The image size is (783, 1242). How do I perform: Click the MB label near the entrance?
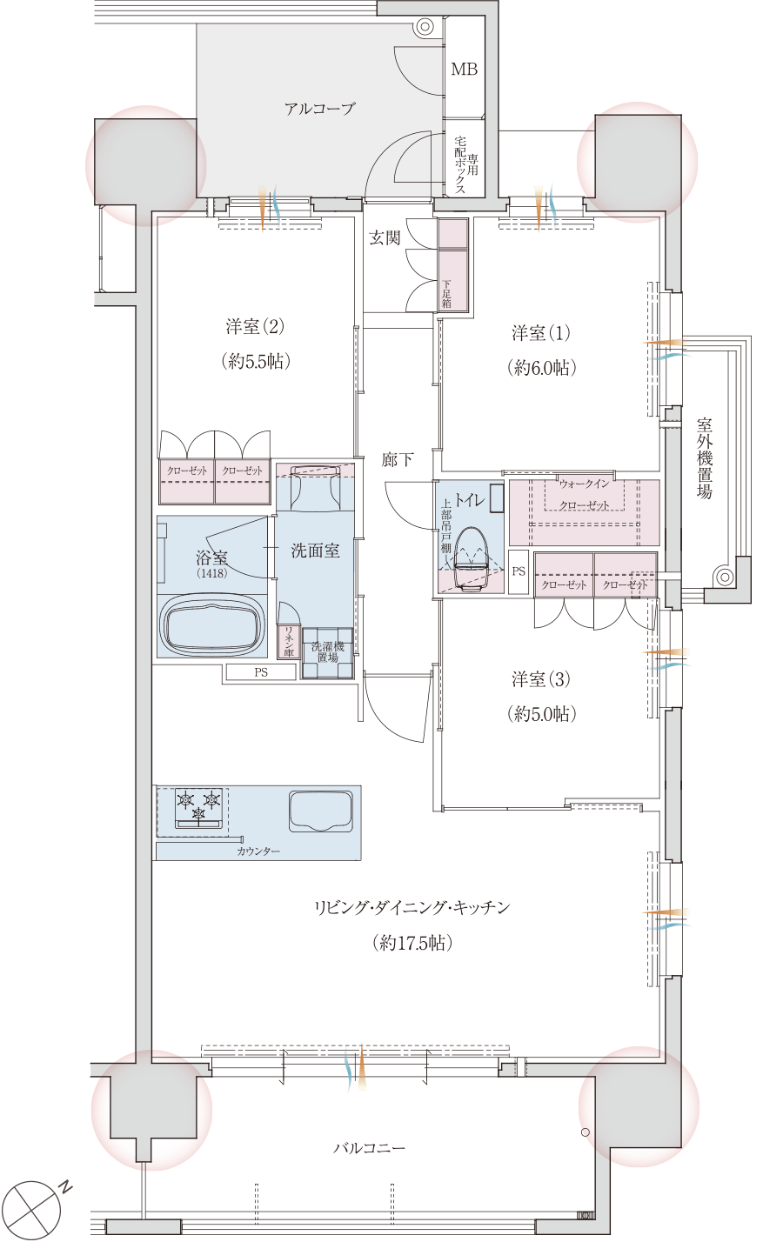pos(464,70)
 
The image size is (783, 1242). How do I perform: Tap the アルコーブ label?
pos(320,110)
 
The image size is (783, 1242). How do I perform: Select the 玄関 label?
pos(385,237)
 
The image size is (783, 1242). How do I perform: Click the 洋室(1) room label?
pos(541,333)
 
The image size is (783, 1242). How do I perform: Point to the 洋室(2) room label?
pos(255,327)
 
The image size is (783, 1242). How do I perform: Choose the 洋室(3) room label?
pos(541,679)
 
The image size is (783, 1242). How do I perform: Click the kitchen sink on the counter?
pos(321,811)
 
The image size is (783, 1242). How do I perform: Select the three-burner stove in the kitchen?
pos(198,805)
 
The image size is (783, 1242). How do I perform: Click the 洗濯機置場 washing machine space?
pos(327,652)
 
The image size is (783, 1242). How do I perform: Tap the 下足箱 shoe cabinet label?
pos(446,294)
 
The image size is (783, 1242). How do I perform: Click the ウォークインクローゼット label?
pos(584,494)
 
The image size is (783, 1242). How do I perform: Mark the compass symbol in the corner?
pos(33,1210)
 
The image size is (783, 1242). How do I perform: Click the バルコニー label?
pos(370,1148)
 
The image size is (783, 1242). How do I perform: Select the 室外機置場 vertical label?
pos(705,458)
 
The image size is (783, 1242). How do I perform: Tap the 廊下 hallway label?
pos(398,460)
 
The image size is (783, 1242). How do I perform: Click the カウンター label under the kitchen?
pos(258,851)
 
